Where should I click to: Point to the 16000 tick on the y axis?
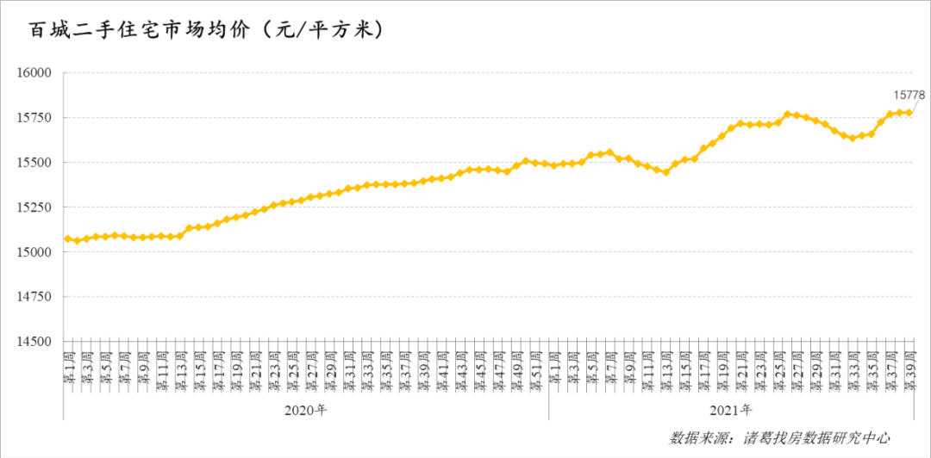[34, 73]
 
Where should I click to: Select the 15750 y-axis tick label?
[34, 118]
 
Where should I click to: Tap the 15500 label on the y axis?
[34, 163]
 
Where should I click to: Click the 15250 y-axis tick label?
[34, 207]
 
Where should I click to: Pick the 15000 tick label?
[34, 252]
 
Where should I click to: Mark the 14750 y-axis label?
[34, 297]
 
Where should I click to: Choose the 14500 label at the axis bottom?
[34, 342]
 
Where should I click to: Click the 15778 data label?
[908, 93]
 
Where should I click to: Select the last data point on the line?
[909, 112]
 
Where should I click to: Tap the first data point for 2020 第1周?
[67, 238]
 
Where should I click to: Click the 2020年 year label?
[306, 410]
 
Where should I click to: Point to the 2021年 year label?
[731, 410]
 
